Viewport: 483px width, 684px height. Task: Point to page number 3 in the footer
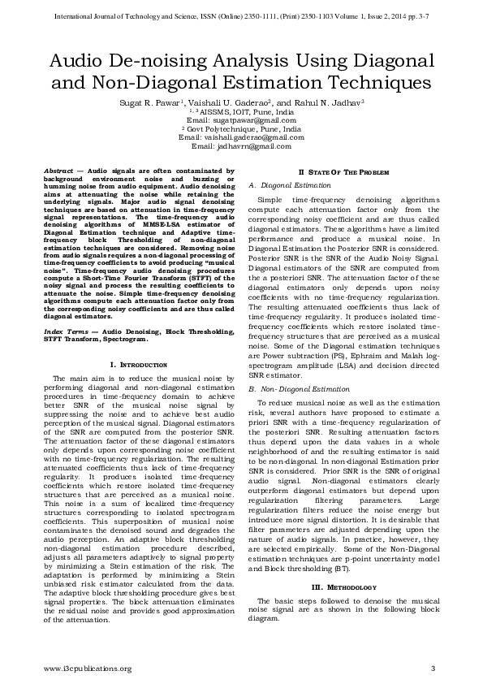tap(433, 668)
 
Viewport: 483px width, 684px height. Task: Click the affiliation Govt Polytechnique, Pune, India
tap(243, 128)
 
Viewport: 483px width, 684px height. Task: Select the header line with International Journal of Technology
tap(241, 15)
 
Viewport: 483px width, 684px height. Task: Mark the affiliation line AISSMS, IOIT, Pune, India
tap(243, 110)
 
